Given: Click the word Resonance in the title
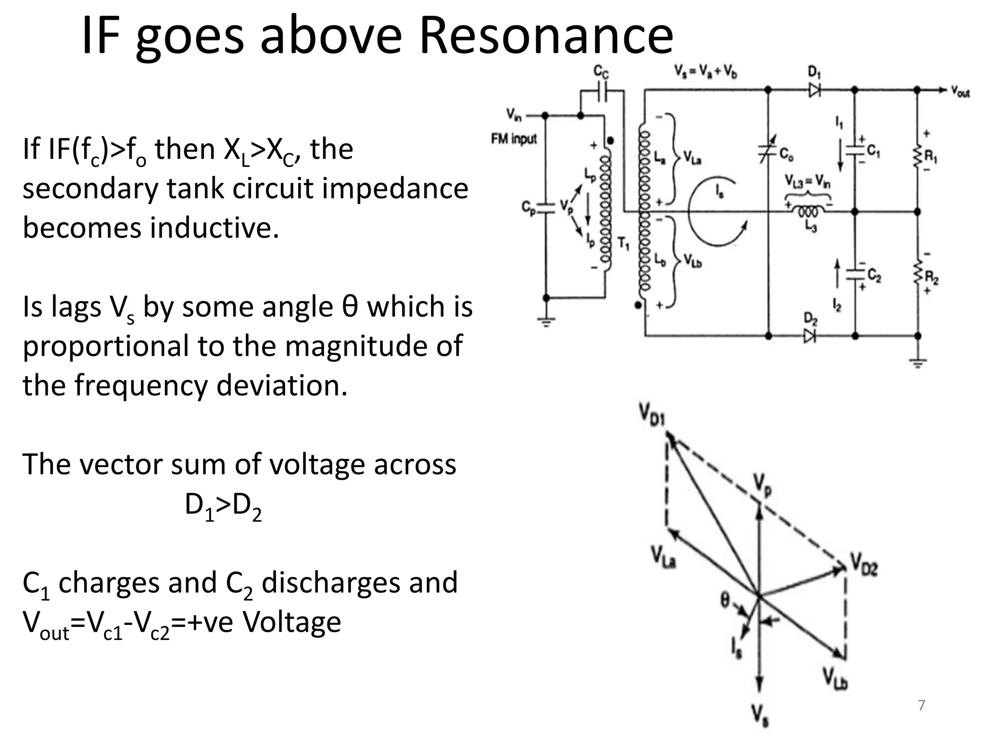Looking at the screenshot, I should click(x=546, y=36).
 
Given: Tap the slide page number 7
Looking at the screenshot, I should click(x=922, y=705).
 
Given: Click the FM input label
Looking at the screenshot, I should click(x=513, y=139).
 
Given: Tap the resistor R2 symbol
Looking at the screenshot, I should click(x=917, y=274).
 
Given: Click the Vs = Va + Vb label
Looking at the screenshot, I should click(x=706, y=72).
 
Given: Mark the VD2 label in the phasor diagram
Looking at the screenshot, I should click(x=864, y=563).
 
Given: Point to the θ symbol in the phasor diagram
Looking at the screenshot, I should click(x=725, y=599).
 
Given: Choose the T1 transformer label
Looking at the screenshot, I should click(x=623, y=244).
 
